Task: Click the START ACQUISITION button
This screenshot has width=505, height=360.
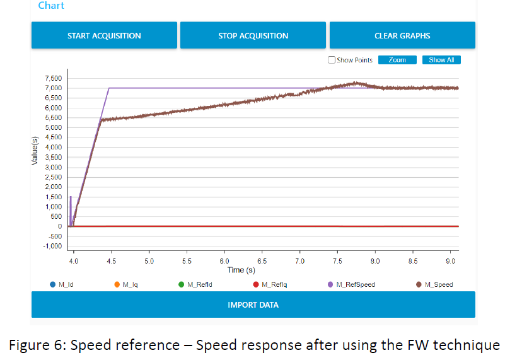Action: pyautogui.click(x=104, y=35)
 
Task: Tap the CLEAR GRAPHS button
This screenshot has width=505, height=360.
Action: pyautogui.click(x=402, y=35)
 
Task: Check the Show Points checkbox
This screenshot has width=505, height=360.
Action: pyautogui.click(x=332, y=61)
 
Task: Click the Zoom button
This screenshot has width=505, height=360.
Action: pyautogui.click(x=397, y=60)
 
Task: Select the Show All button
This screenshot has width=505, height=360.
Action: pyautogui.click(x=441, y=60)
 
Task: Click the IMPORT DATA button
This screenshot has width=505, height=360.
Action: pyautogui.click(x=253, y=305)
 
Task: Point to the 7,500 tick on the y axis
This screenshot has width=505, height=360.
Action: pyautogui.click(x=52, y=78)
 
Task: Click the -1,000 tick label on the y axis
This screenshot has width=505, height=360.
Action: pyautogui.click(x=52, y=247)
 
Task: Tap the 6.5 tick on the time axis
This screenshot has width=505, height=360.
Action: pyautogui.click(x=262, y=260)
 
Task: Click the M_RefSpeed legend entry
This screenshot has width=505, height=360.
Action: pyautogui.click(x=355, y=285)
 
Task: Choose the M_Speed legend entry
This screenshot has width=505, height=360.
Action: pyautogui.click(x=438, y=285)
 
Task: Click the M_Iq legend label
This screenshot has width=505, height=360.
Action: pyautogui.click(x=130, y=285)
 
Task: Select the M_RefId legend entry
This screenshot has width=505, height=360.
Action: pyautogui.click(x=200, y=285)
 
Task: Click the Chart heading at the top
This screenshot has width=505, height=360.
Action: pyautogui.click(x=51, y=6)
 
